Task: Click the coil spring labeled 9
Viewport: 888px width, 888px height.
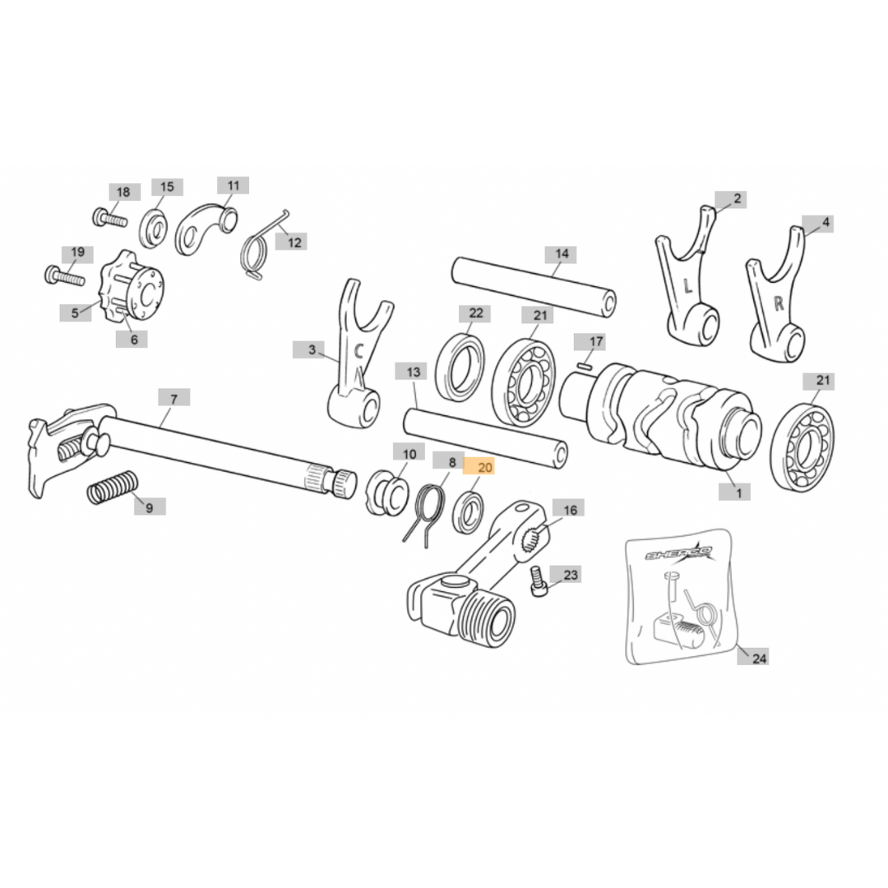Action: tap(112, 488)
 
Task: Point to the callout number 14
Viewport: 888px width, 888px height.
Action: tap(562, 254)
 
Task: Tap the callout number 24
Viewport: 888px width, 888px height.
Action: tap(759, 658)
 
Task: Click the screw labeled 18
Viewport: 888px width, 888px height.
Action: tap(109, 219)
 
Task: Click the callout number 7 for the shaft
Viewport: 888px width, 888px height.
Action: tap(173, 399)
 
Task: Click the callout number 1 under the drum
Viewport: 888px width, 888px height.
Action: tap(738, 493)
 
